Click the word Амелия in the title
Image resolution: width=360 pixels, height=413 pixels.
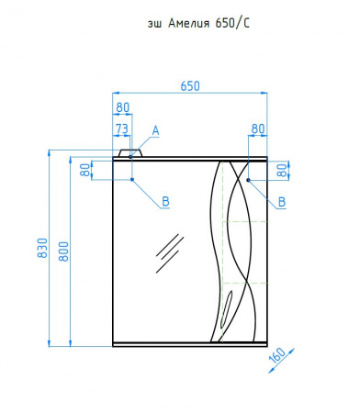[x=189, y=23]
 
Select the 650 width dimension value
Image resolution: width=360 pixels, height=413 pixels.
[x=190, y=86]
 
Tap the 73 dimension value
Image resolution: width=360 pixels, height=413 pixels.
[x=122, y=128]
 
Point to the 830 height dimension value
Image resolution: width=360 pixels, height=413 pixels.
[x=43, y=248]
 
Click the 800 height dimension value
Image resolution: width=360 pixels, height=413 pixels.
[x=63, y=251]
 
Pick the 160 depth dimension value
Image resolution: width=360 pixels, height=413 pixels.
[x=277, y=356]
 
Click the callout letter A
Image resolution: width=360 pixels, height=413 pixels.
[x=156, y=130]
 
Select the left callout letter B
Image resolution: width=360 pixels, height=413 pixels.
[x=165, y=201]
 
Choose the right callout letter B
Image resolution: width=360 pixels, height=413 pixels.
[x=282, y=202]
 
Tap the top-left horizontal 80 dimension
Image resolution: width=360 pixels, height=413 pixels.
[x=123, y=107]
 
